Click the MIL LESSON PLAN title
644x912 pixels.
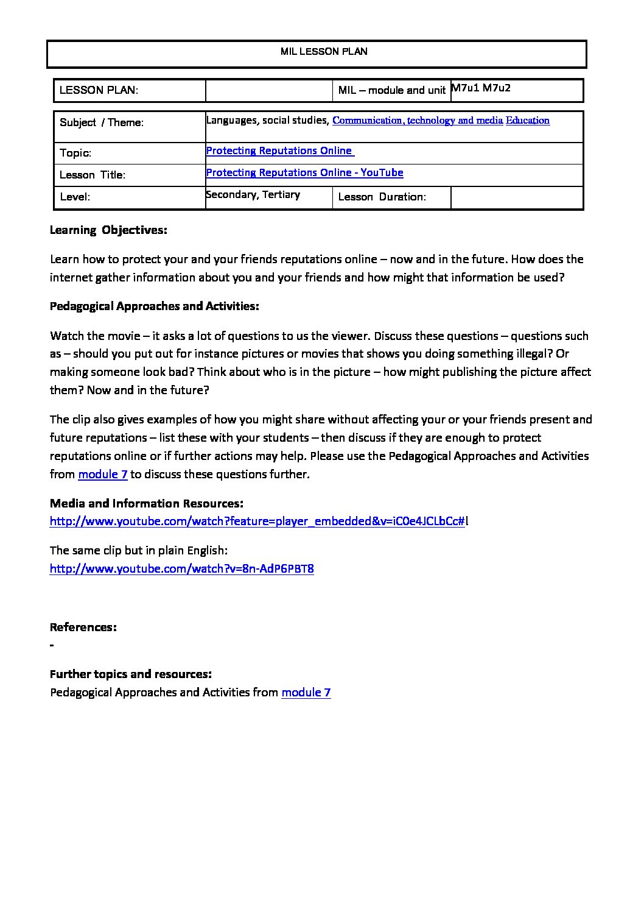coord(324,52)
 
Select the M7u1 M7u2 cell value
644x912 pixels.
coord(481,88)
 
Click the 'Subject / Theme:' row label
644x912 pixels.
coord(102,122)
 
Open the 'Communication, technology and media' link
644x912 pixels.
coord(418,121)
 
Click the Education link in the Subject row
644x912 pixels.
coord(528,121)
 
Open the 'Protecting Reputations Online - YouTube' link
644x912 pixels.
coord(304,172)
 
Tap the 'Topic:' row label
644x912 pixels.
coord(75,153)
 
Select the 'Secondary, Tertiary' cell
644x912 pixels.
coord(253,194)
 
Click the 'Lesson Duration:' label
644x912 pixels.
coord(382,197)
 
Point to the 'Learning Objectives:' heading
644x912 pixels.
coord(108,230)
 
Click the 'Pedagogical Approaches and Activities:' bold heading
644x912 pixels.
coord(155,306)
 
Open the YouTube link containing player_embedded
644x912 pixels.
coord(257,521)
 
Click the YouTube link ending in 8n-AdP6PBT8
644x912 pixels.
coord(181,568)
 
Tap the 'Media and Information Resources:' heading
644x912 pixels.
coord(147,503)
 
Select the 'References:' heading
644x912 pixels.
coord(83,627)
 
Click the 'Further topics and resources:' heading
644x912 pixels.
coord(131,674)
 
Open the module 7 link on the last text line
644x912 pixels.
coord(306,692)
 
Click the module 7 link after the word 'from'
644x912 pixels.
coord(103,474)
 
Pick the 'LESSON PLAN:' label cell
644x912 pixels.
coord(99,91)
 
